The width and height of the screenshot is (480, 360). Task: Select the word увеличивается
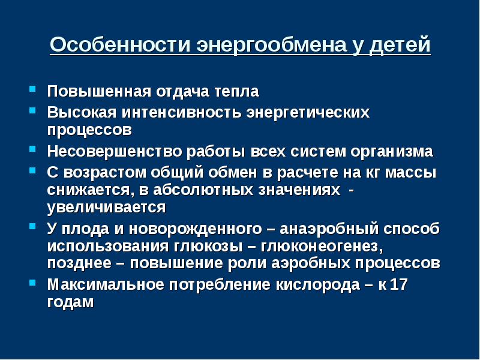point(106,208)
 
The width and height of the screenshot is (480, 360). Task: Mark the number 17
point(398,284)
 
